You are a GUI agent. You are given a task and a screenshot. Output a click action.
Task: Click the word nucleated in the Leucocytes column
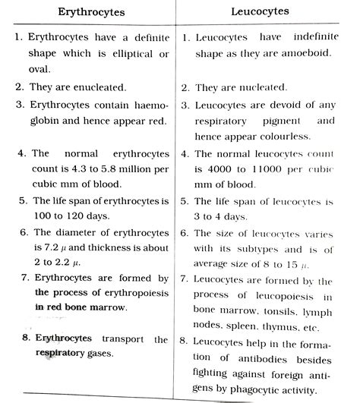point(261,88)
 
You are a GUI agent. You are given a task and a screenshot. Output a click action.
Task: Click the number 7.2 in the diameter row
point(48,247)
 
